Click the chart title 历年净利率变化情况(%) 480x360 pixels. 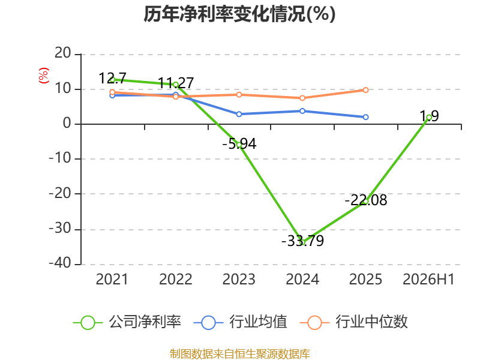[239, 14]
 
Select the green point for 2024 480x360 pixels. [302, 242]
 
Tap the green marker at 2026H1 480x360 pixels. [429, 118]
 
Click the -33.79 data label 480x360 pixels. [302, 241]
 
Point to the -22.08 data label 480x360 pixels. [366, 200]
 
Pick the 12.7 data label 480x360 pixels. [112, 79]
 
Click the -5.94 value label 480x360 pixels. [239, 144]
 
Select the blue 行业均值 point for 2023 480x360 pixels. [239, 114]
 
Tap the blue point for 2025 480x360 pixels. [365, 117]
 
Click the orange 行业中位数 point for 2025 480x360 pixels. [365, 90]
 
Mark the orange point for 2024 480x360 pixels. [302, 98]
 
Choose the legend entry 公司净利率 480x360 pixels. [127, 322]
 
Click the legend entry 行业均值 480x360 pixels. [241, 322]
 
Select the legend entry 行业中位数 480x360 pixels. [354, 322]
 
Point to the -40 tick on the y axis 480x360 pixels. [60, 263]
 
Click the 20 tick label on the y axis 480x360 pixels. [63, 53]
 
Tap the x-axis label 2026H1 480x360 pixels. [428, 280]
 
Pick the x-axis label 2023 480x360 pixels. [239, 280]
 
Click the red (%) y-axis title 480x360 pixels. [44, 76]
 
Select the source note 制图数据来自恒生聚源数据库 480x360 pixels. [240, 354]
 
